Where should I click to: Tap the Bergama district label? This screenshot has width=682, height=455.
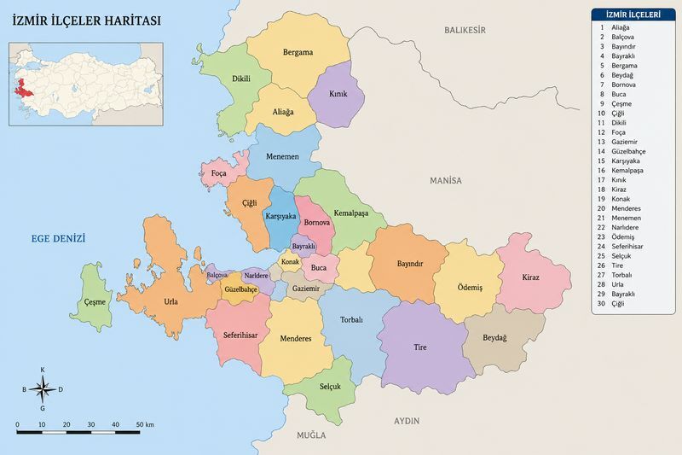click(298, 52)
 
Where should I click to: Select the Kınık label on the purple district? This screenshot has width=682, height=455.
click(338, 94)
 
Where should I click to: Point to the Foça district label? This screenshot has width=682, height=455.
click(219, 173)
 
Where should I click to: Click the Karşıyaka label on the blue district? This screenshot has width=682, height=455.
click(280, 217)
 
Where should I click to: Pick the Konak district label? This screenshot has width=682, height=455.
click(290, 261)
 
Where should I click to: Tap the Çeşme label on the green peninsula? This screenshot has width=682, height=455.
click(96, 302)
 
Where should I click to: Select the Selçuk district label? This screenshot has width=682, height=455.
click(330, 387)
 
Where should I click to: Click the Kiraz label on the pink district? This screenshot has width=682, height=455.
click(530, 277)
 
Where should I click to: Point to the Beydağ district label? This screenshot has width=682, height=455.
click(494, 338)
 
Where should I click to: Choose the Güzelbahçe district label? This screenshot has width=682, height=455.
click(241, 289)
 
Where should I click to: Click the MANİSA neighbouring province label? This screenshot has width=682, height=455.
click(445, 181)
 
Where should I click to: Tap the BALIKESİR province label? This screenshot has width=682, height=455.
click(464, 30)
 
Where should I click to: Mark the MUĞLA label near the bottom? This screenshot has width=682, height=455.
click(310, 435)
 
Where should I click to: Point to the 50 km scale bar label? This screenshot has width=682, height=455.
click(144, 424)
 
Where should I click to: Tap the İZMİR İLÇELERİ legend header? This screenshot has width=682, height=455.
click(632, 15)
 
